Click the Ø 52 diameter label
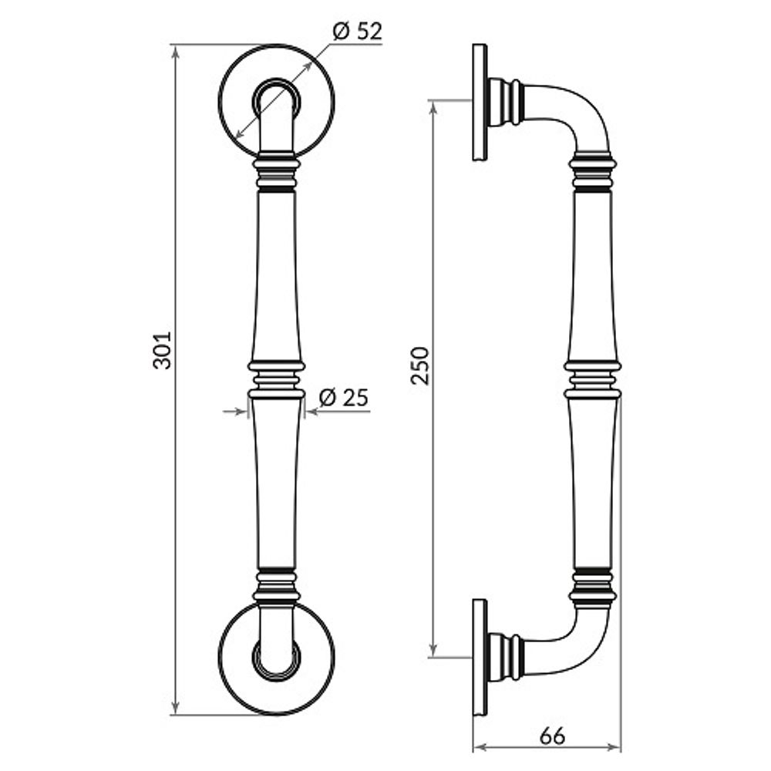pyautogui.click(x=357, y=32)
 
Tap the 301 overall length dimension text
pyautogui.click(x=162, y=351)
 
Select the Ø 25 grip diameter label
pyautogui.click(x=344, y=398)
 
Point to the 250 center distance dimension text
pyautogui.click(x=419, y=365)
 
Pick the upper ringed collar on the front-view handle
pyautogui.click(x=276, y=173)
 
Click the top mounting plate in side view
pyautogui.click(x=480, y=103)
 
